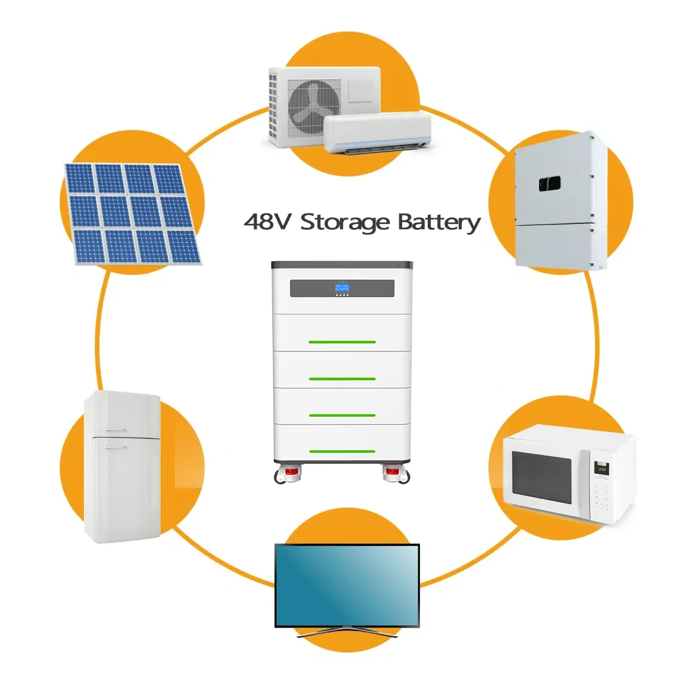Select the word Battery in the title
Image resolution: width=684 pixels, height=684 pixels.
click(439, 223)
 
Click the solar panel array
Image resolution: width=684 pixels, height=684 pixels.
click(132, 213)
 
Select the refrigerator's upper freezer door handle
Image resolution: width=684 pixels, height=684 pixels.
click(117, 429)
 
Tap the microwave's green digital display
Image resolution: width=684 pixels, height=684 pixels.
click(601, 468)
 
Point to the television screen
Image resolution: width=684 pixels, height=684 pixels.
click(347, 585)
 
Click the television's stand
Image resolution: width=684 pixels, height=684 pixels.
click(347, 632)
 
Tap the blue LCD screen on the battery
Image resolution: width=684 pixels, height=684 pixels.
click(342, 288)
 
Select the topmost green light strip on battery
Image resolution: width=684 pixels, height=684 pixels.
click(341, 341)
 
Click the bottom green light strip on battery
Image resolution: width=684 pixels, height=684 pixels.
click(341, 451)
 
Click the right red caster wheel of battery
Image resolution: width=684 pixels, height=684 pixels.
click(393, 476)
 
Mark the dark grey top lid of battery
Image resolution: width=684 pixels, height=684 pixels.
click(341, 265)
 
